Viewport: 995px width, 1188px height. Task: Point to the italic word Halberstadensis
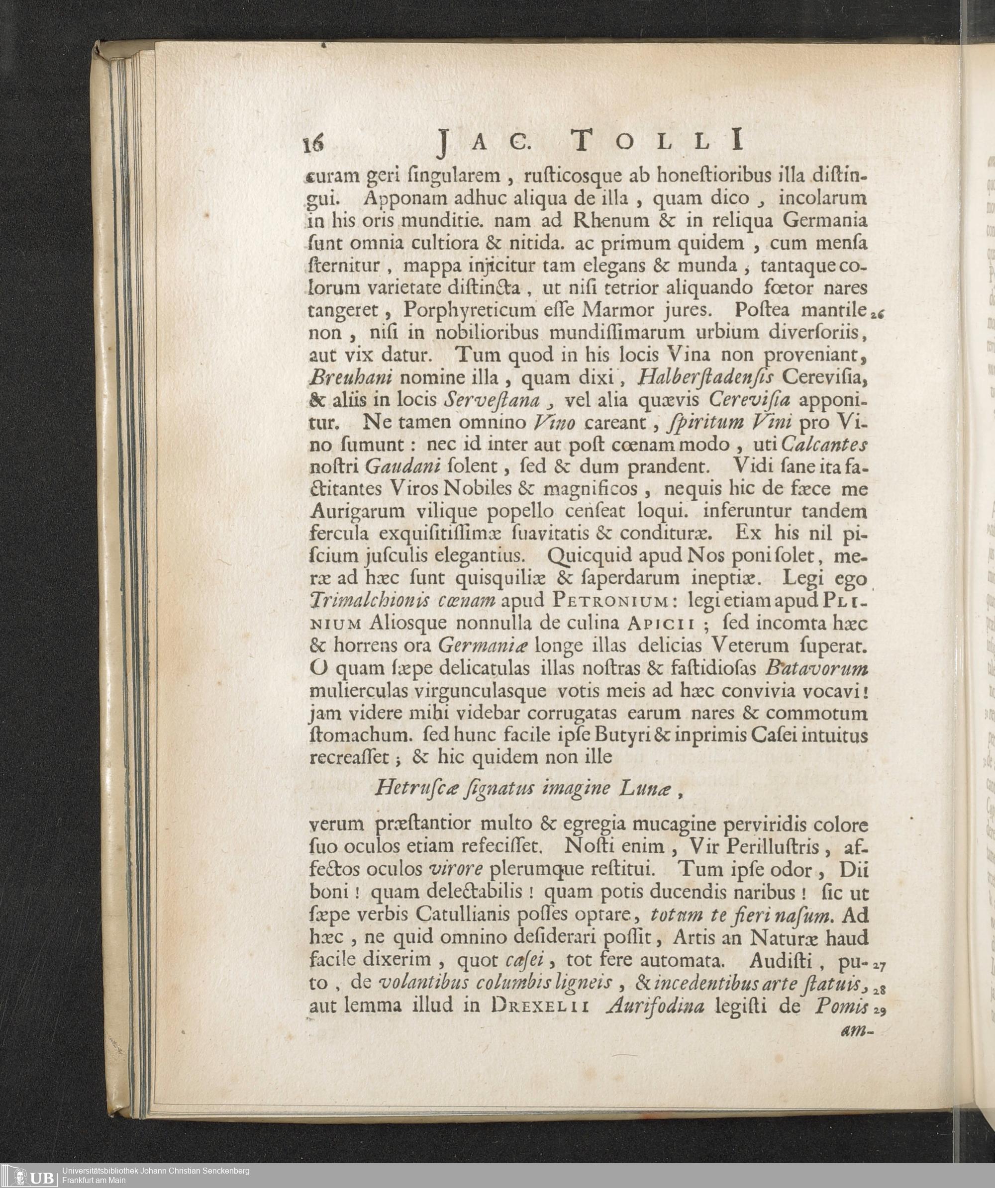click(x=711, y=377)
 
